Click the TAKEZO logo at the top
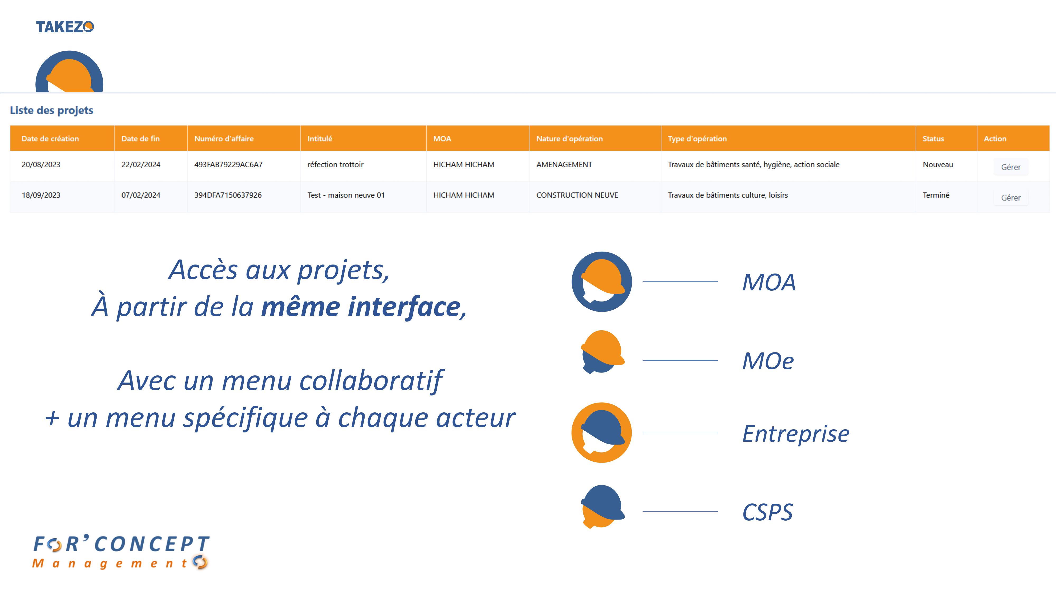(x=65, y=27)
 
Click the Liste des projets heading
(x=52, y=110)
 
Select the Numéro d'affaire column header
(x=224, y=139)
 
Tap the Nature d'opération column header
(x=569, y=139)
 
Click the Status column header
(x=933, y=139)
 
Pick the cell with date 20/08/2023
(x=41, y=164)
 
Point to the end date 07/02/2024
(x=141, y=195)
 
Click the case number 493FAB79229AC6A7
(x=228, y=164)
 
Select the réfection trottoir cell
(x=335, y=164)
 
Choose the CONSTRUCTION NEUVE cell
(x=577, y=195)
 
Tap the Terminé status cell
(x=936, y=195)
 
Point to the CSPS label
(x=767, y=512)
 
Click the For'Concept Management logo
(x=121, y=552)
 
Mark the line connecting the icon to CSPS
(x=680, y=512)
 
